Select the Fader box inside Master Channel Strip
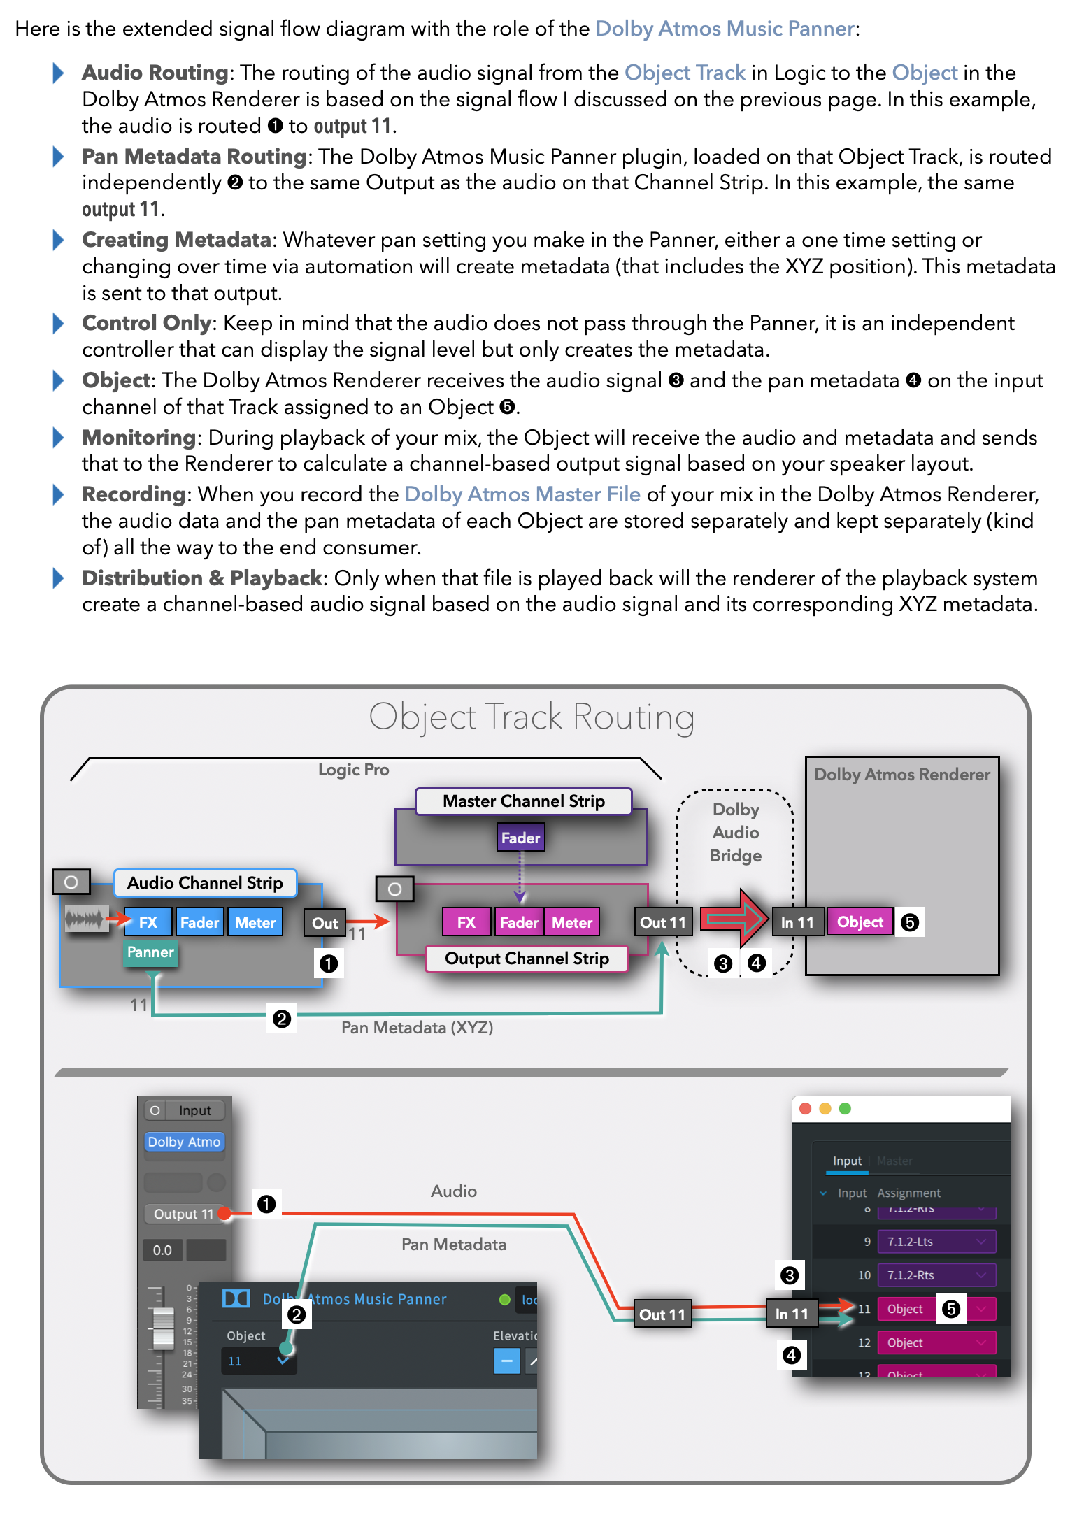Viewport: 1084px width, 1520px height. [x=520, y=838]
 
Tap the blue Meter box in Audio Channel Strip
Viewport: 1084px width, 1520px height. [x=255, y=923]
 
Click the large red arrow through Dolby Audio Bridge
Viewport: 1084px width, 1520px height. [x=734, y=917]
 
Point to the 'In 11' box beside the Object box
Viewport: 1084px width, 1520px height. [x=797, y=922]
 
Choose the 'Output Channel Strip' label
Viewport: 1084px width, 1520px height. [x=527, y=959]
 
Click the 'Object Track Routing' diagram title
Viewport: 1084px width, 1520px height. [x=532, y=717]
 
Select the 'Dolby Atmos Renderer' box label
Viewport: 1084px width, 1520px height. [x=902, y=775]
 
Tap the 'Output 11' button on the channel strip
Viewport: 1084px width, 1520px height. [x=183, y=1214]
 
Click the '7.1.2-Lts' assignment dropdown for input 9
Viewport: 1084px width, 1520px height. [x=936, y=1242]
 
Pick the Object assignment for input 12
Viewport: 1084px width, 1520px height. [x=936, y=1343]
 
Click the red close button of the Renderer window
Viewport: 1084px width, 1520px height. [x=806, y=1109]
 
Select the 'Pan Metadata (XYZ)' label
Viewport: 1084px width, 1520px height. [x=417, y=1028]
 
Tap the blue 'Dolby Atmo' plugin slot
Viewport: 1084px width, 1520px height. [x=184, y=1142]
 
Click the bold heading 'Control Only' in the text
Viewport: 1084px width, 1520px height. [x=146, y=323]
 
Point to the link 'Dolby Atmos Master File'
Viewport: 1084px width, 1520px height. [x=522, y=494]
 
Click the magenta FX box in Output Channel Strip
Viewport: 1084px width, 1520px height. [x=466, y=923]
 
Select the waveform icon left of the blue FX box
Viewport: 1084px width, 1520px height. [x=85, y=919]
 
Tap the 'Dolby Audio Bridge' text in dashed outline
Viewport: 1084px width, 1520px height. [x=736, y=832]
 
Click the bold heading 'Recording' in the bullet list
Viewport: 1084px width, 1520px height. [x=134, y=494]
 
